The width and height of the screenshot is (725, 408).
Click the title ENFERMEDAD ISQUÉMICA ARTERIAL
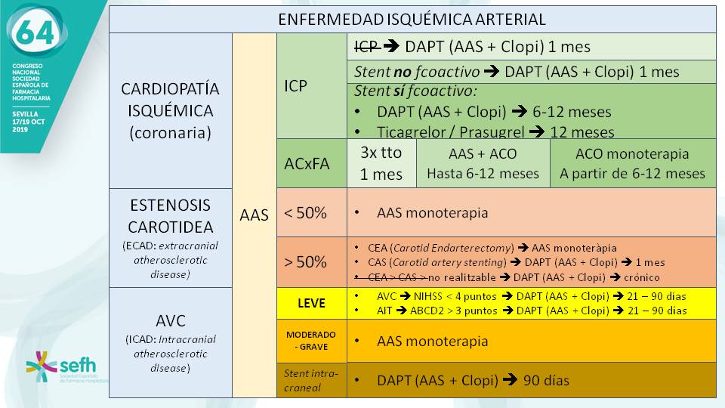[x=412, y=20]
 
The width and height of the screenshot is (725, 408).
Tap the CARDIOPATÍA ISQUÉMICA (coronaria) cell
[x=170, y=110]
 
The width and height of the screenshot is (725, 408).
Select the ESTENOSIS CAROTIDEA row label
[x=170, y=237]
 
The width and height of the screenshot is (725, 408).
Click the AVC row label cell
[x=170, y=342]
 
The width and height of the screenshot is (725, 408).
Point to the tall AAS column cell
[x=255, y=215]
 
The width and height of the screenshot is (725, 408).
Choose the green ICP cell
[x=312, y=85]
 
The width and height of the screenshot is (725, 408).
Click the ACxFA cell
[x=312, y=163]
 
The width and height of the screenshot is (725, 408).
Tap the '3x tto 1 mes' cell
[x=381, y=163]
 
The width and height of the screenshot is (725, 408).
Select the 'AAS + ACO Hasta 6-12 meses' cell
[x=483, y=163]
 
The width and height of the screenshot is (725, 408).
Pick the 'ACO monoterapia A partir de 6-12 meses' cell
[x=633, y=163]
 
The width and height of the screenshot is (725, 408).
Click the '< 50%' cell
[x=312, y=213]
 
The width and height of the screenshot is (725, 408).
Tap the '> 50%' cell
[x=312, y=262]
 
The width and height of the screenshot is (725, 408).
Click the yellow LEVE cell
[x=312, y=303]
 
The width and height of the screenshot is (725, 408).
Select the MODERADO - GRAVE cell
[x=312, y=340]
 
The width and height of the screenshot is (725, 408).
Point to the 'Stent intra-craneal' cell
[x=312, y=379]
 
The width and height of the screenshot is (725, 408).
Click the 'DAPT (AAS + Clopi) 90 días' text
[x=473, y=380]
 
